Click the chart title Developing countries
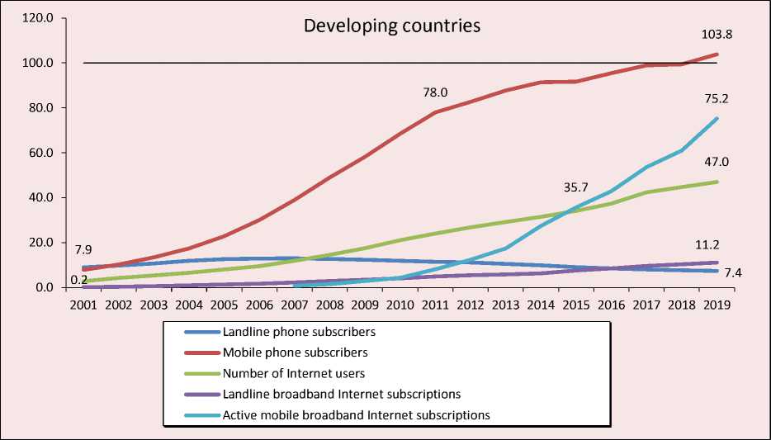[391, 26]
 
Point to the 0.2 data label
[79, 280]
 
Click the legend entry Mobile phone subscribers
[295, 352]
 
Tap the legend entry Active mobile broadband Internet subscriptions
[357, 415]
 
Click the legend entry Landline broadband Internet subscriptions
[342, 395]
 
